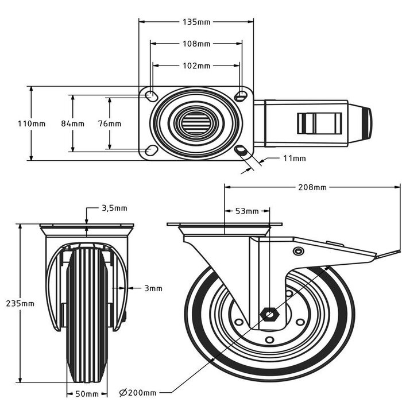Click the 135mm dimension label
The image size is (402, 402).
(196, 22)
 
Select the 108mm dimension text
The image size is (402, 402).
(196, 43)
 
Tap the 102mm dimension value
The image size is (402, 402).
(196, 65)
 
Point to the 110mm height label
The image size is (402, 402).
(31, 123)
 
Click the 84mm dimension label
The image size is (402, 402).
(72, 123)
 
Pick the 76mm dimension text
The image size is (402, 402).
(109, 123)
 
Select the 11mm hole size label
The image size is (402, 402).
(294, 158)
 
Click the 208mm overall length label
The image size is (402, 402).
(312, 187)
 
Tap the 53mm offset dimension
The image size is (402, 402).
(247, 211)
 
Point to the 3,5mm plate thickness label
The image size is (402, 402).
(114, 208)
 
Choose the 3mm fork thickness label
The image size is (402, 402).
(153, 288)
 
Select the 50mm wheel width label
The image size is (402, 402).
(87, 393)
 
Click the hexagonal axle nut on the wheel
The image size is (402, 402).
(268, 314)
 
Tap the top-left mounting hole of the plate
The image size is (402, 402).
(150, 95)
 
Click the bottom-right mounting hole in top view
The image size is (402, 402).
(242, 151)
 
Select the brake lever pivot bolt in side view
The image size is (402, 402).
(298, 252)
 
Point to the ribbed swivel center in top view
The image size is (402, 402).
(196, 123)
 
